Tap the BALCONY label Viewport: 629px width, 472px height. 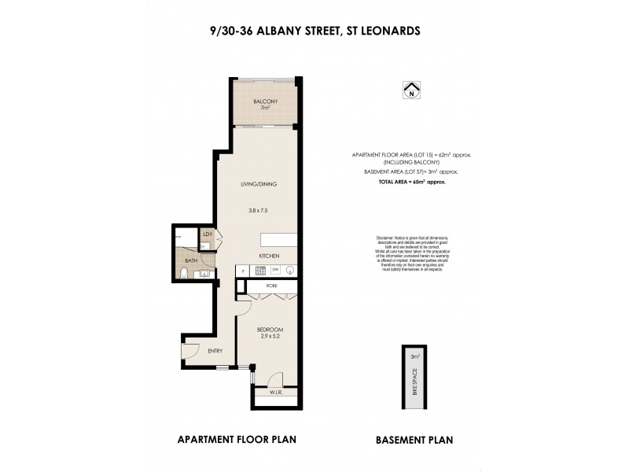pos(262,101)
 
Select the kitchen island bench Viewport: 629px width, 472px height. pos(279,241)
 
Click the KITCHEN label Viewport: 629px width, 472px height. pos(271,256)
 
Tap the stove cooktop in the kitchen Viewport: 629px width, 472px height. pos(259,271)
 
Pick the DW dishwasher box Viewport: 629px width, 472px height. pos(275,271)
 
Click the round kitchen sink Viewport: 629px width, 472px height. pos(290,271)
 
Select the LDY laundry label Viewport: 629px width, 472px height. pos(208,234)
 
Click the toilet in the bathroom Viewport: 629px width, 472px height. pos(183,273)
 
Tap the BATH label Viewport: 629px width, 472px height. pos(191,260)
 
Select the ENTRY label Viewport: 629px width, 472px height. pos(215,350)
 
